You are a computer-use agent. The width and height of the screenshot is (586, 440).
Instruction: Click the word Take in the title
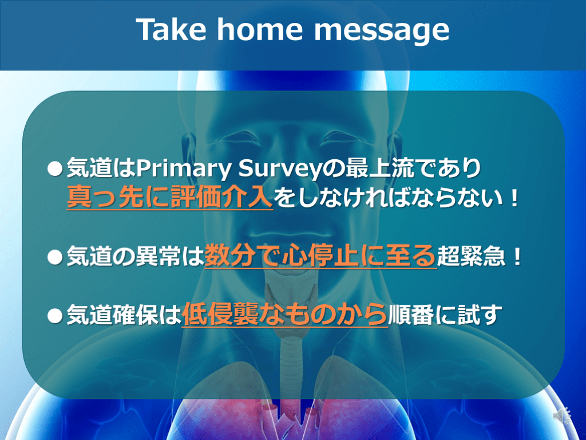pos(171,30)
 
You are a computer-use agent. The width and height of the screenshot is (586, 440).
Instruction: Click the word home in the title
pos(260,30)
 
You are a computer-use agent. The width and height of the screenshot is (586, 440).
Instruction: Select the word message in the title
pos(382,33)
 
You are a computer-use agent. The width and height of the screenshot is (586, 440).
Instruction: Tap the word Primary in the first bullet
pos(183,169)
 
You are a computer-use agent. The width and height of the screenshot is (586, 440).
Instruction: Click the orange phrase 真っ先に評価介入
pos(169,197)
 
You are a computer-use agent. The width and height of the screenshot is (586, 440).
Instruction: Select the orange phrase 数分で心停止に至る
pos(320,256)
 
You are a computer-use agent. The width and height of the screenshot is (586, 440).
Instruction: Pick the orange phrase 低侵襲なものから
pos(285,315)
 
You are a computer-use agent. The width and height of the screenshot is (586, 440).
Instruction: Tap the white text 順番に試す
pos(445,315)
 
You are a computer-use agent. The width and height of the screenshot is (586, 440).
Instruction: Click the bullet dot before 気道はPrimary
pos(55,169)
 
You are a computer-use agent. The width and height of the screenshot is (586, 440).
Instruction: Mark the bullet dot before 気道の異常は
pos(55,257)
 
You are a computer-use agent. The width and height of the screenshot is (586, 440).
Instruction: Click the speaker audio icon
pos(561,415)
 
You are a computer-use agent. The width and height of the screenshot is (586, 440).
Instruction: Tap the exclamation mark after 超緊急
pos(517,257)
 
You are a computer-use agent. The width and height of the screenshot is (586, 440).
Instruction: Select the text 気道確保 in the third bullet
pos(112,315)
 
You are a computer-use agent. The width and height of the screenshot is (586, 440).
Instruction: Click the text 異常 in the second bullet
pos(158,256)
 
